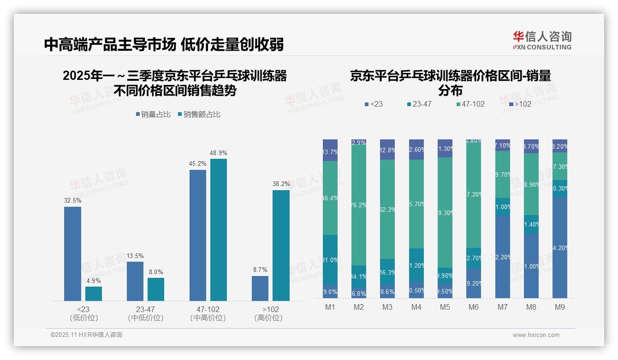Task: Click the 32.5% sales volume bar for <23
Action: pos(72,254)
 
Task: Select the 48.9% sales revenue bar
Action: pos(219,230)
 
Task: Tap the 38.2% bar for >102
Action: pos(281,246)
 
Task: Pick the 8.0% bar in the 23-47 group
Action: pos(156,289)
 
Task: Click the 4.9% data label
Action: pos(93,281)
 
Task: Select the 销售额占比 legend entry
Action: pos(199,114)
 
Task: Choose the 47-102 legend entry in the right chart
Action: pos(470,104)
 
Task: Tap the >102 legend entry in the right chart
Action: pos(520,104)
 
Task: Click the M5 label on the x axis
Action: pos(445,307)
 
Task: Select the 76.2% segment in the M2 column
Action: pos(359,205)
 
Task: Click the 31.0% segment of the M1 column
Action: pos(330,259)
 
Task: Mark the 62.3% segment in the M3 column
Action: pos(387,209)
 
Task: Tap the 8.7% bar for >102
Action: pos(260,288)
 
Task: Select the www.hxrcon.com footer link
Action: pos(536,335)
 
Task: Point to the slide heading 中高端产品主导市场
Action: pos(110,45)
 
